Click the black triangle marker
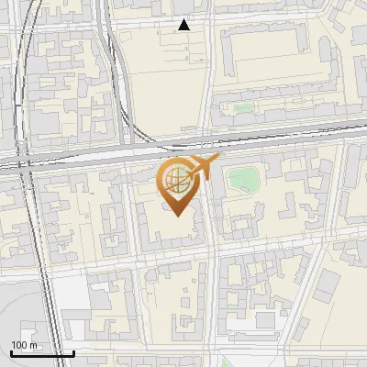184,25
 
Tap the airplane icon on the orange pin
203,166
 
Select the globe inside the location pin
178,178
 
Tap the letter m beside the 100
34,345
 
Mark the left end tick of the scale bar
11,351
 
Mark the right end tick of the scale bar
73,351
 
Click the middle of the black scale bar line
42,353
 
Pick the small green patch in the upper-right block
242,109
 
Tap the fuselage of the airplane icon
203,166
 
